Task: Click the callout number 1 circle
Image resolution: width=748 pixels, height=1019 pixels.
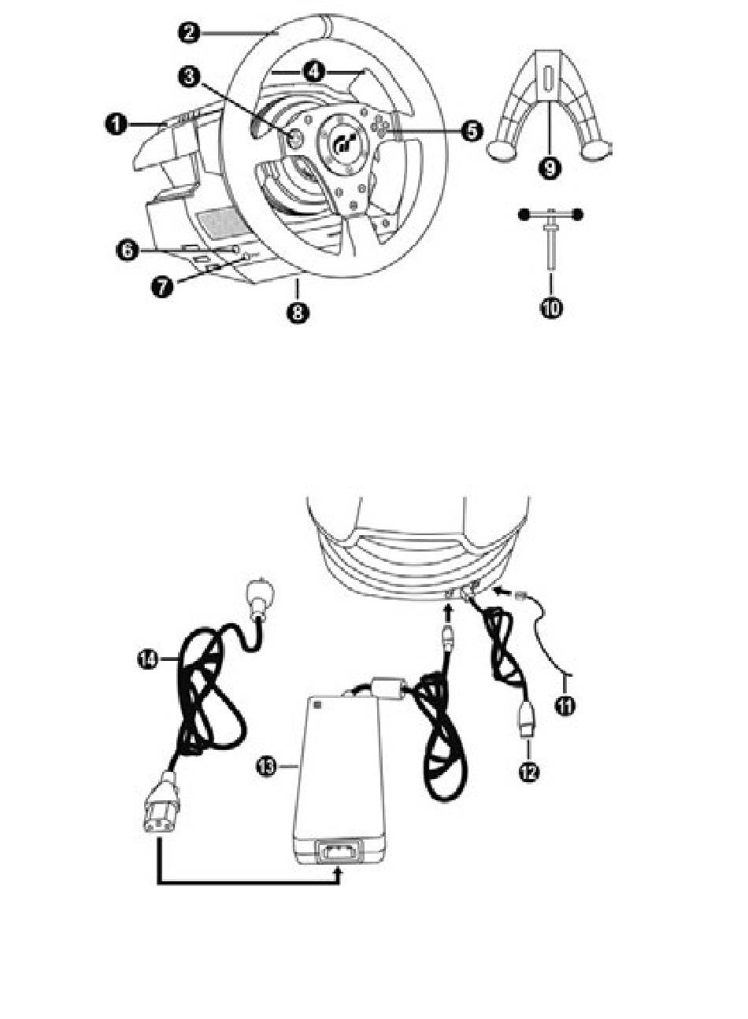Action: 117,124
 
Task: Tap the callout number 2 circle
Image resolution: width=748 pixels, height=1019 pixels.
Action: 189,32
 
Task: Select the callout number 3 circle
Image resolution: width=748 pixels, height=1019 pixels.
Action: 189,77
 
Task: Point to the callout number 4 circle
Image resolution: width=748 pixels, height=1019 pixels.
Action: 314,72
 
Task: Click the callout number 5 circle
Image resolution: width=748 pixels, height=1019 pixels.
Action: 472,131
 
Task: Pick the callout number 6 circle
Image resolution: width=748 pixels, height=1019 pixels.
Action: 128,249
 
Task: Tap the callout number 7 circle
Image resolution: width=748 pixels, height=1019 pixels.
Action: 162,286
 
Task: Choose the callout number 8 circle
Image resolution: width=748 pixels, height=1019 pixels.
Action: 298,313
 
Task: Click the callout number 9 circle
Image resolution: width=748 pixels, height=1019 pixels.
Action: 550,168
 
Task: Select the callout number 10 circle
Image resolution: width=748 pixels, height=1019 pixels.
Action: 551,308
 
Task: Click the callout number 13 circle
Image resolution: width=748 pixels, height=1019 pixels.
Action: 267,767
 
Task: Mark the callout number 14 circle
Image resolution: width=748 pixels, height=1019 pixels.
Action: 148,659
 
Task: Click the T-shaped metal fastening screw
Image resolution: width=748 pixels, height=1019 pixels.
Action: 551,240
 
